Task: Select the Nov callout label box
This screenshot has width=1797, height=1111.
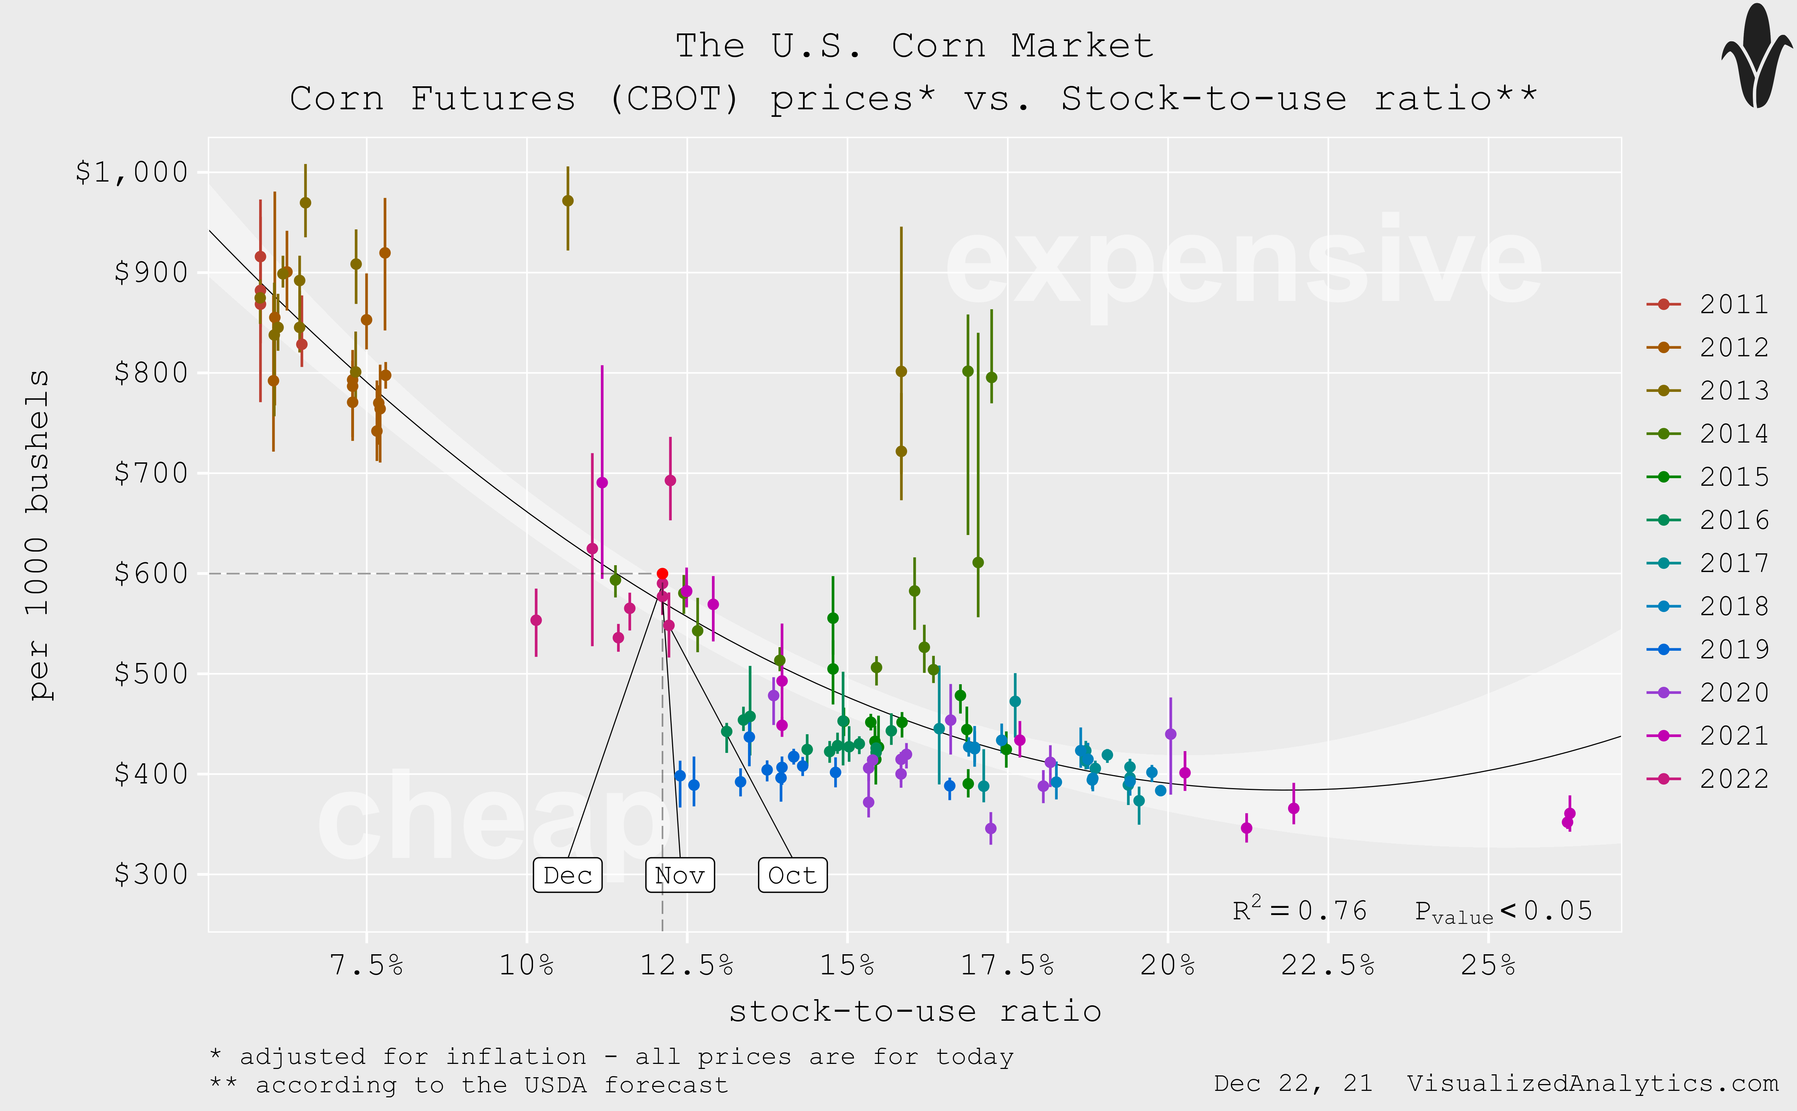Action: point(679,875)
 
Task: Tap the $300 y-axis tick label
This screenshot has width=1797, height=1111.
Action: point(151,874)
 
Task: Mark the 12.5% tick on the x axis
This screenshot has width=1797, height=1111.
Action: point(687,965)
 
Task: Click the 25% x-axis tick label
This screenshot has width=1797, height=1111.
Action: point(1488,965)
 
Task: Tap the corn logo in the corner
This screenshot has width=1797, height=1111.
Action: point(1757,56)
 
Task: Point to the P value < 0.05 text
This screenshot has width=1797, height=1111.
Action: point(1503,911)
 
